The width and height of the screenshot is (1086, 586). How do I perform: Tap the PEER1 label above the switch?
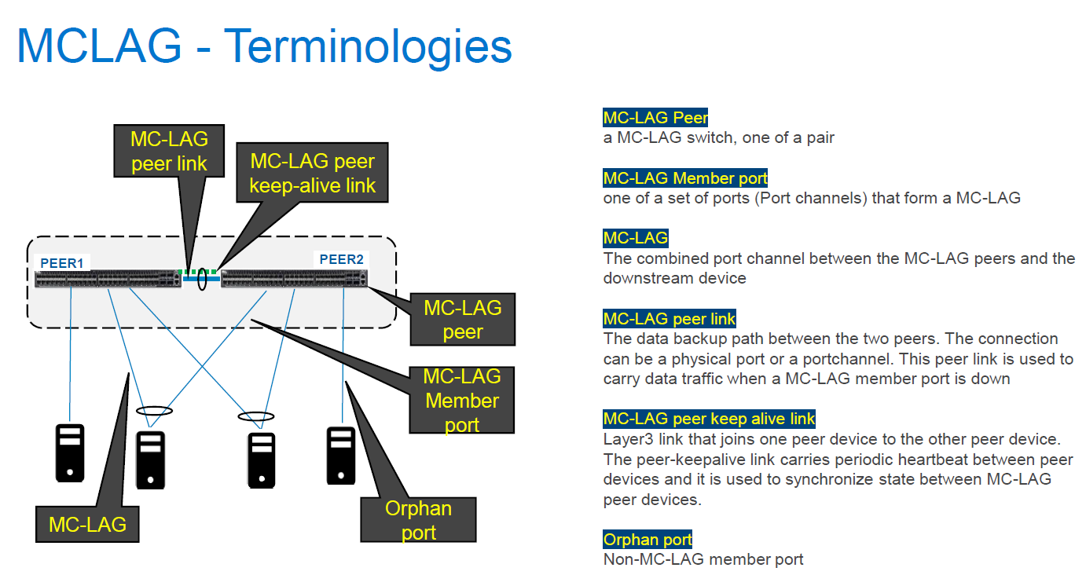(x=61, y=262)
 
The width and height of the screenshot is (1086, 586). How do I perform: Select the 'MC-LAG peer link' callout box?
(x=169, y=151)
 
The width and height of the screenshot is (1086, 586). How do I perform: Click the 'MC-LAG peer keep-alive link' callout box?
(x=312, y=174)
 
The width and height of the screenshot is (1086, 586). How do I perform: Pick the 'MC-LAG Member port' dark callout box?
(x=461, y=400)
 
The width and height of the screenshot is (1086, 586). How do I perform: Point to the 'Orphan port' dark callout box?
(x=418, y=519)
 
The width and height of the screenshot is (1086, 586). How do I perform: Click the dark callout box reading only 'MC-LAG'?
(x=87, y=524)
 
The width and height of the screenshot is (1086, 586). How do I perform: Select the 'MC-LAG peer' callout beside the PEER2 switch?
(x=462, y=319)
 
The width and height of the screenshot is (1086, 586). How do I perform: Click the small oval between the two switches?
(x=202, y=278)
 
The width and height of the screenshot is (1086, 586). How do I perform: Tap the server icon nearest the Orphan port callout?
(x=341, y=454)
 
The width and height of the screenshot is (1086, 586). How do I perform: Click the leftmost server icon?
(x=70, y=452)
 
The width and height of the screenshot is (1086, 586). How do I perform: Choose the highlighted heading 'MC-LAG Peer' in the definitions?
(x=655, y=118)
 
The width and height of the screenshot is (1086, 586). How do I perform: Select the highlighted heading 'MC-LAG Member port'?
(x=685, y=178)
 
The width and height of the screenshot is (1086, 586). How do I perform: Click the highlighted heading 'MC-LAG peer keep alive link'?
(x=709, y=419)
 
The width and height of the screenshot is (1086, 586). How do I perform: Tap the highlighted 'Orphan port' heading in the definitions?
(x=648, y=540)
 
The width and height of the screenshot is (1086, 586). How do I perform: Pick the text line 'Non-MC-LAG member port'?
(x=703, y=559)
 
